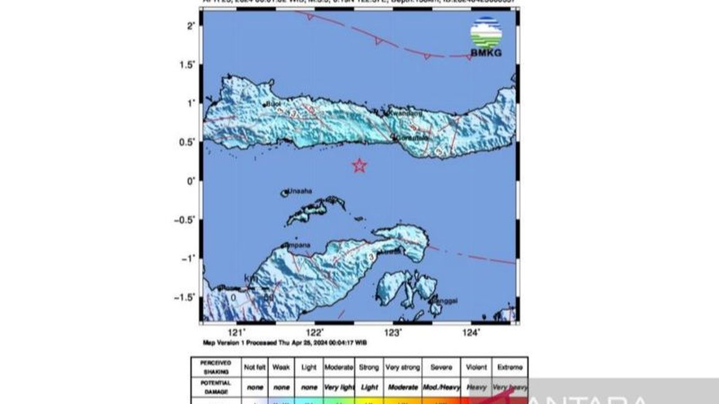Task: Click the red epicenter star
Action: [x=359, y=166]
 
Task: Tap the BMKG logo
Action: [x=486, y=37]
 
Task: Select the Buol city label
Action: [x=274, y=104]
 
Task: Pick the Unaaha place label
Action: [x=301, y=191]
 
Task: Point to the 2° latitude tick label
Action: [x=191, y=26]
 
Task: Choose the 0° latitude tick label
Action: [x=191, y=181]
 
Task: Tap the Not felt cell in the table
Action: [x=255, y=368]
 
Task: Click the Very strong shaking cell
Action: [x=403, y=368]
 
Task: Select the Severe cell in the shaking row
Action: [x=441, y=368]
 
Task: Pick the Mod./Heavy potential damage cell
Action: [x=441, y=387]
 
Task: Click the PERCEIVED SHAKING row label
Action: [x=216, y=367]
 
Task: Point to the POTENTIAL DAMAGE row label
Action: [x=216, y=387]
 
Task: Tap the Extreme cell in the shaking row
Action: [x=509, y=368]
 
